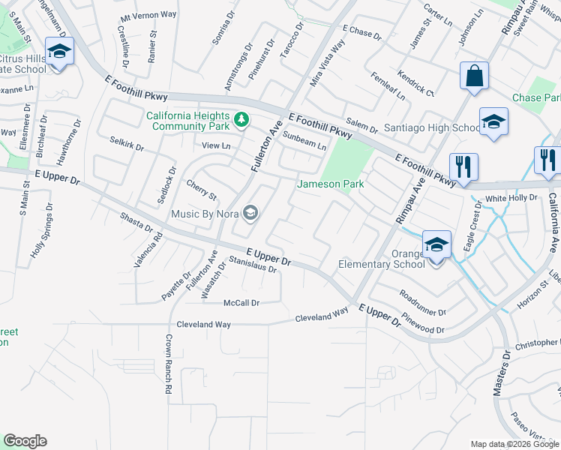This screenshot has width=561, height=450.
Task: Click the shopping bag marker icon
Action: [x=475, y=76]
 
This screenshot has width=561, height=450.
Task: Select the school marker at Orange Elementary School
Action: [x=436, y=245]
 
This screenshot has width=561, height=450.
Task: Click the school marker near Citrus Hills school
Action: [x=58, y=52]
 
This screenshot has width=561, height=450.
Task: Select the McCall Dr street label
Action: [x=241, y=303]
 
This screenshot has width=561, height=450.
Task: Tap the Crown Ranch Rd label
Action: [x=167, y=370]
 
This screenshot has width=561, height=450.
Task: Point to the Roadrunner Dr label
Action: [x=422, y=302]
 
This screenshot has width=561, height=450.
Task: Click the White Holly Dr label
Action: [x=511, y=198]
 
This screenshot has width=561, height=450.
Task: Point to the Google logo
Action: [x=25, y=441]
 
